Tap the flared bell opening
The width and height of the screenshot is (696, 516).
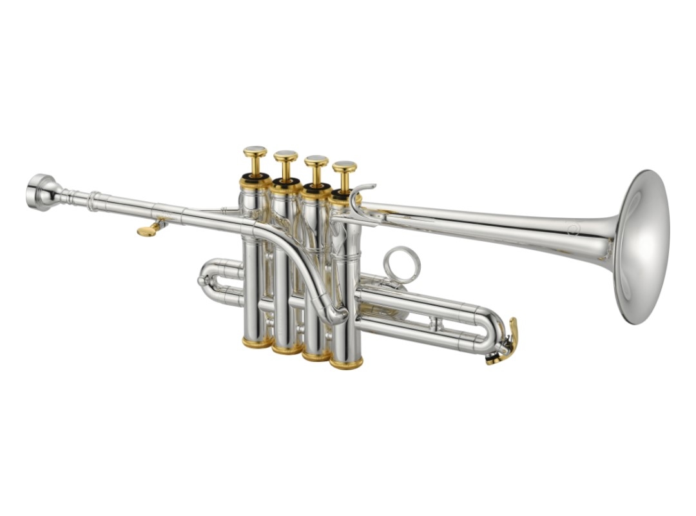tap(642, 246)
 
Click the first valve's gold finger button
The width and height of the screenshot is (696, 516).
tap(255, 152)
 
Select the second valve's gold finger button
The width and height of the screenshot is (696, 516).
tap(285, 156)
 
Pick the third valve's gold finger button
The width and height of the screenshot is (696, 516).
tap(316, 161)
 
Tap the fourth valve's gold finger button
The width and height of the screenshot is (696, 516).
tap(345, 167)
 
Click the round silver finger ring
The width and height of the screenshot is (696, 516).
tap(401, 264)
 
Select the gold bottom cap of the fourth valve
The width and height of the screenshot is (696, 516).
tap(346, 363)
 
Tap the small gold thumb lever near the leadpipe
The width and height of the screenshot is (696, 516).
tap(148, 230)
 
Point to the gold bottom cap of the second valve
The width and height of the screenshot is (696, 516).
tap(287, 348)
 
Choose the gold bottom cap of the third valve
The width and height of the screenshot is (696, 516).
tap(316, 355)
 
